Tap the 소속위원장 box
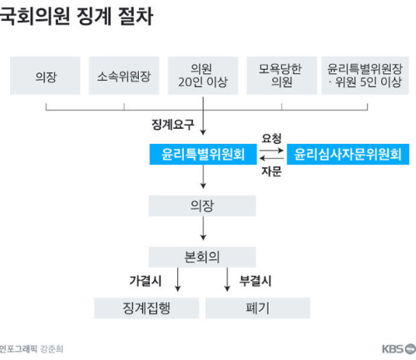[x=124, y=76]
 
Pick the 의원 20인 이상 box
[x=203, y=76]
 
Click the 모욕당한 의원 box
[x=282, y=76]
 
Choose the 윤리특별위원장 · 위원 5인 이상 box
[x=364, y=76]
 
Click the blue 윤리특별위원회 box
[x=203, y=154]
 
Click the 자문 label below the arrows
[x=271, y=172]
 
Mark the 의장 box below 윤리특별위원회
[x=203, y=205]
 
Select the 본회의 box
[x=203, y=256]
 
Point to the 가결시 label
[x=146, y=280]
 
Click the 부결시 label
[x=255, y=280]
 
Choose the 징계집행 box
[x=146, y=308]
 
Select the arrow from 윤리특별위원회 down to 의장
[x=203, y=178]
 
